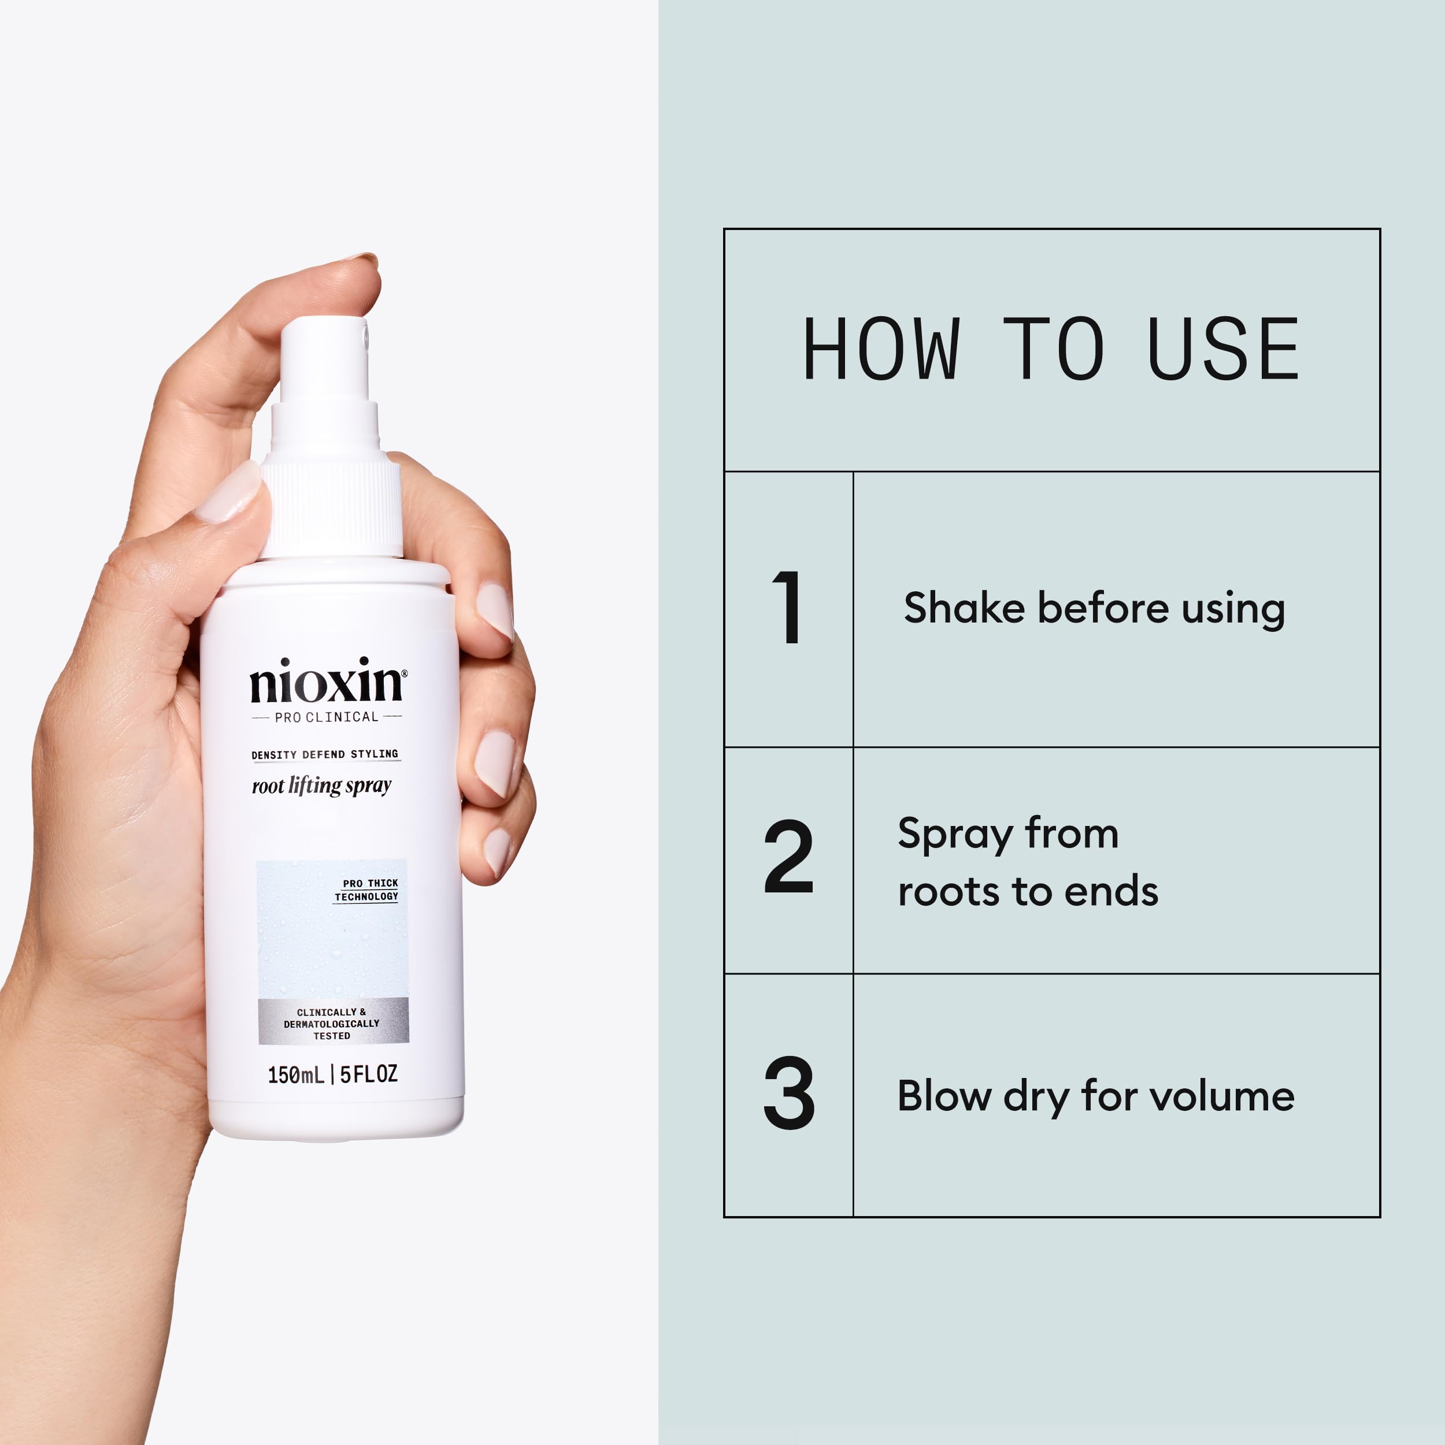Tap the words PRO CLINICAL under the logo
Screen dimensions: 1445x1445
click(x=326, y=717)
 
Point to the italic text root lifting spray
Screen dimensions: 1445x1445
click(x=321, y=786)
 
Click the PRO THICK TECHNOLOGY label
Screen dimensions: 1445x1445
click(x=366, y=890)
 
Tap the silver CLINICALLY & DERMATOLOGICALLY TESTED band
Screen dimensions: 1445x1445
click(x=333, y=1023)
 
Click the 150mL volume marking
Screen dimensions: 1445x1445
click(x=296, y=1075)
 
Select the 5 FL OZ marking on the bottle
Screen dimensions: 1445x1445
click(x=369, y=1074)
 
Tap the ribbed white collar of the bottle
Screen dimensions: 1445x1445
click(x=331, y=509)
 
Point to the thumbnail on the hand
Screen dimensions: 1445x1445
click(x=231, y=492)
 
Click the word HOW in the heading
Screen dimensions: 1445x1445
click(x=880, y=349)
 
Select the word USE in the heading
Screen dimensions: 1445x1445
click(x=1224, y=349)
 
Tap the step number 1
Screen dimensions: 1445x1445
click(x=788, y=607)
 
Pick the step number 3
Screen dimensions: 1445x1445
click(x=788, y=1094)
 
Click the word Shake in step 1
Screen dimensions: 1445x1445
click(x=964, y=607)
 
